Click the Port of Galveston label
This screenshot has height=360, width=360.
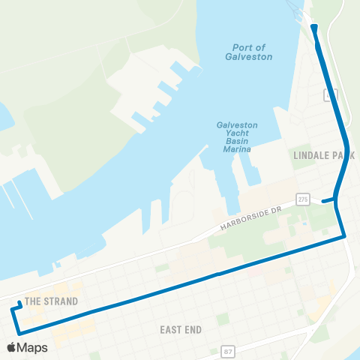click(x=249, y=51)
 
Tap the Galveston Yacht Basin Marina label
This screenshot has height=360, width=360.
click(x=237, y=136)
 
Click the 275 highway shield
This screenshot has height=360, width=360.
click(x=302, y=199)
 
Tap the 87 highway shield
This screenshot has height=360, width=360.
click(x=226, y=351)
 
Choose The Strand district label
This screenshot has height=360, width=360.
click(x=52, y=301)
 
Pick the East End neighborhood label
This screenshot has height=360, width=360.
click(x=181, y=329)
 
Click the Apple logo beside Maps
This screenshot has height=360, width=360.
click(x=11, y=348)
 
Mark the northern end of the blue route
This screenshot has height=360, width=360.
click(x=313, y=28)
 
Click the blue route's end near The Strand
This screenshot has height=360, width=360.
click(x=18, y=304)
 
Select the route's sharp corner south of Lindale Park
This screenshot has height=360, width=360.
click(x=345, y=237)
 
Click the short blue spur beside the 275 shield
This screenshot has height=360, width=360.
click(x=328, y=200)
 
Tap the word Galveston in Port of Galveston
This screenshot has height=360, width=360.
click(x=249, y=56)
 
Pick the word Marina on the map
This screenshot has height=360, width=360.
click(x=237, y=149)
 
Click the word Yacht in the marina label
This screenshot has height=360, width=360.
click(x=237, y=136)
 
